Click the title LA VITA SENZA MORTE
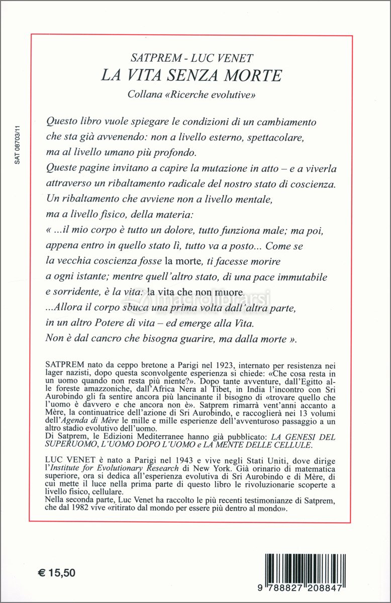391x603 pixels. coord(191,75)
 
